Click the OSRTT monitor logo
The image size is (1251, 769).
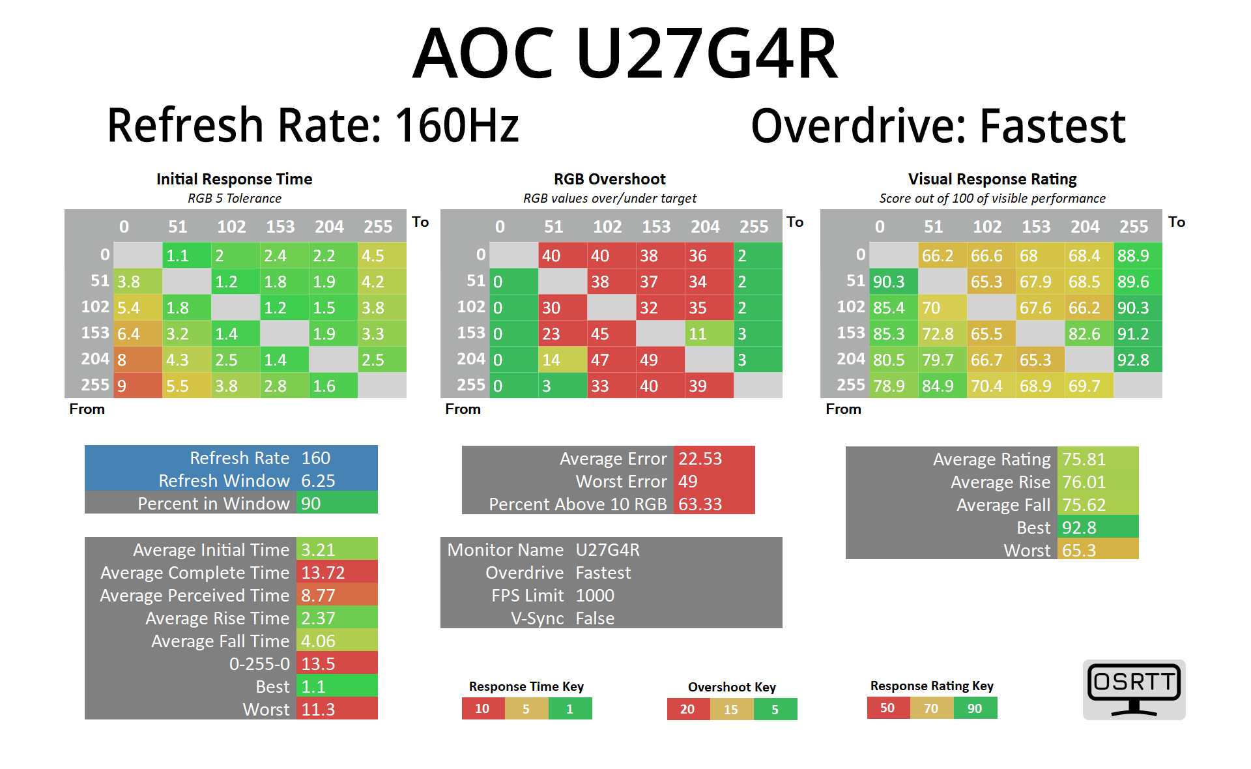point(1134,689)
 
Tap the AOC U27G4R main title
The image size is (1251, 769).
point(625,53)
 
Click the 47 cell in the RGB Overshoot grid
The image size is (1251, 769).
point(611,360)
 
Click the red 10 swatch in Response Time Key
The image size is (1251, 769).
point(483,708)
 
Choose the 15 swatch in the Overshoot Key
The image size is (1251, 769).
point(731,709)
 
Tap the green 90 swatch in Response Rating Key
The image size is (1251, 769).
point(975,708)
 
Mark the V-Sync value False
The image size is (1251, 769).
point(595,618)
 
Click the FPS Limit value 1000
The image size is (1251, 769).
point(595,596)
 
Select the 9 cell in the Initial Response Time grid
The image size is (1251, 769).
point(137,386)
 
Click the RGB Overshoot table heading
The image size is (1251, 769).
point(610,179)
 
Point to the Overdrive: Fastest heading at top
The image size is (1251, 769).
point(938,126)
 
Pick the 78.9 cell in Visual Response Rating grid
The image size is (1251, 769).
point(893,386)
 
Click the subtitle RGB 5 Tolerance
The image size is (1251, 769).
point(235,198)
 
